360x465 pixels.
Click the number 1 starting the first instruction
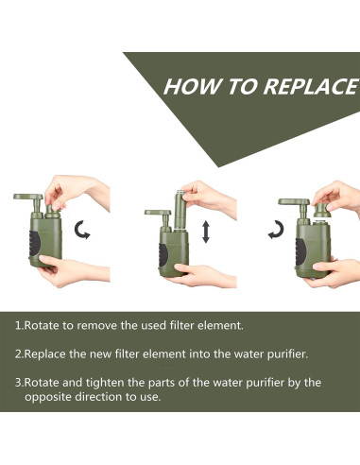click(x=18, y=325)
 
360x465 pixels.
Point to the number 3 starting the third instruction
click(x=18, y=383)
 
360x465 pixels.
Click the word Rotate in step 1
click(x=43, y=325)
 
